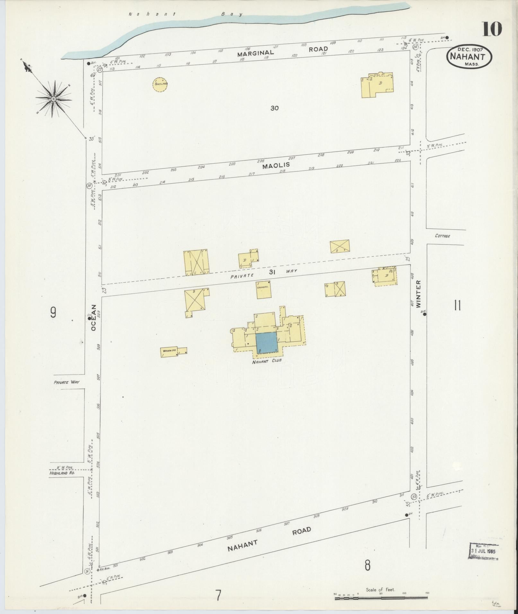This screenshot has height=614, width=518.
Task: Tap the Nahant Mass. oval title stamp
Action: [x=469, y=56]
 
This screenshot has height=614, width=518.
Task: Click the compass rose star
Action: [x=53, y=99]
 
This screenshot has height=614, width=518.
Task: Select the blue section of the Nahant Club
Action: [x=266, y=343]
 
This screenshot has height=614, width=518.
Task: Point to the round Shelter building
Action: [x=160, y=84]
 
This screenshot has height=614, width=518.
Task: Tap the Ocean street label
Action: [x=93, y=318]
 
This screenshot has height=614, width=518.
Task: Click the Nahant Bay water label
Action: [x=185, y=14]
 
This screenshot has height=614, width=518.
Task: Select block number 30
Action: [x=274, y=108]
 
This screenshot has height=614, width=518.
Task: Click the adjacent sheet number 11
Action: [x=457, y=305]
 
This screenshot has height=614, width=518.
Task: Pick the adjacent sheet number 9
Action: [x=53, y=312]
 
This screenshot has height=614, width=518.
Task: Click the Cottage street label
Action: [x=442, y=236]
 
